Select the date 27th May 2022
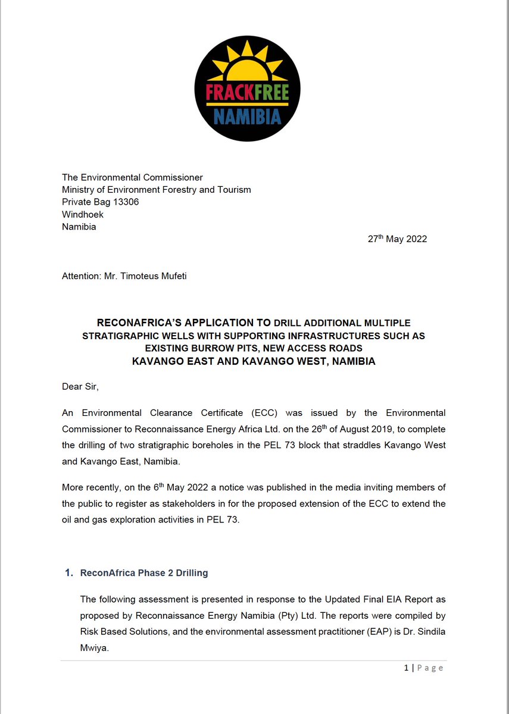point(397,239)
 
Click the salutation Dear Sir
point(80,387)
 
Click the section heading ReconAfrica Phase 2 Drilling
point(144,573)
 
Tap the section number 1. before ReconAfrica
point(68,573)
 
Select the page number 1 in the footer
point(407,668)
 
